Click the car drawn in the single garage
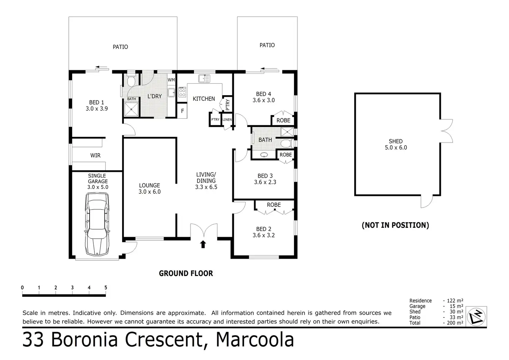(97, 224)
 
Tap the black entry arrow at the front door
(203, 244)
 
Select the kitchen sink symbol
(204, 79)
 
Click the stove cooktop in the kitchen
(182, 92)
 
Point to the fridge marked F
(182, 111)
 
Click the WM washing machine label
(171, 80)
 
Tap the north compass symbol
(476, 317)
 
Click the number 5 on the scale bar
(106, 287)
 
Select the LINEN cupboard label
(227, 120)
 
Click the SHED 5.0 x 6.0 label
(396, 144)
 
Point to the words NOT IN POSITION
(395, 225)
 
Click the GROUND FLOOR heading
(186, 274)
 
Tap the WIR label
(95, 156)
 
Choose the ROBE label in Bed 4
(283, 120)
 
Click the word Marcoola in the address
(255, 340)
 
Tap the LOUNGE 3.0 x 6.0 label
(149, 188)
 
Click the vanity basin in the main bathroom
(264, 155)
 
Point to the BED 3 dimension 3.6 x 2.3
(265, 182)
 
